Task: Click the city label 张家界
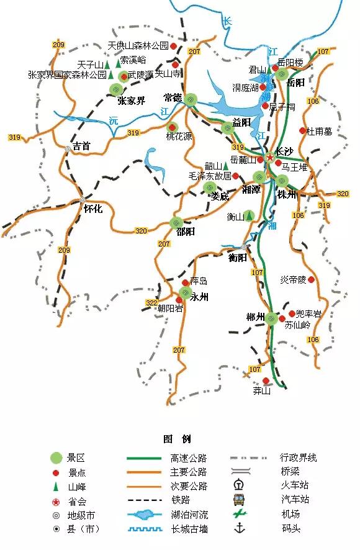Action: [x=132, y=101]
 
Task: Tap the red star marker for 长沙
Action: [x=269, y=158]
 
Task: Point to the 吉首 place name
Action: [x=81, y=147]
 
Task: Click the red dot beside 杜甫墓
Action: [x=303, y=131]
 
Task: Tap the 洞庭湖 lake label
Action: [x=246, y=88]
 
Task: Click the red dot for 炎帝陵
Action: [x=311, y=280]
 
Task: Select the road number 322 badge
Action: [x=152, y=303]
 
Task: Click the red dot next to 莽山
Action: [x=266, y=381]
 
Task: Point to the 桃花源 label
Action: [x=179, y=137]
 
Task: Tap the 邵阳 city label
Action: [x=186, y=232]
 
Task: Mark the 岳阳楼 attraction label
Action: [x=290, y=63]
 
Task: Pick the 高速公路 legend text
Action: [x=188, y=458]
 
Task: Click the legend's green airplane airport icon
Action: [x=238, y=514]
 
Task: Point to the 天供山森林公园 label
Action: [x=138, y=46]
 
